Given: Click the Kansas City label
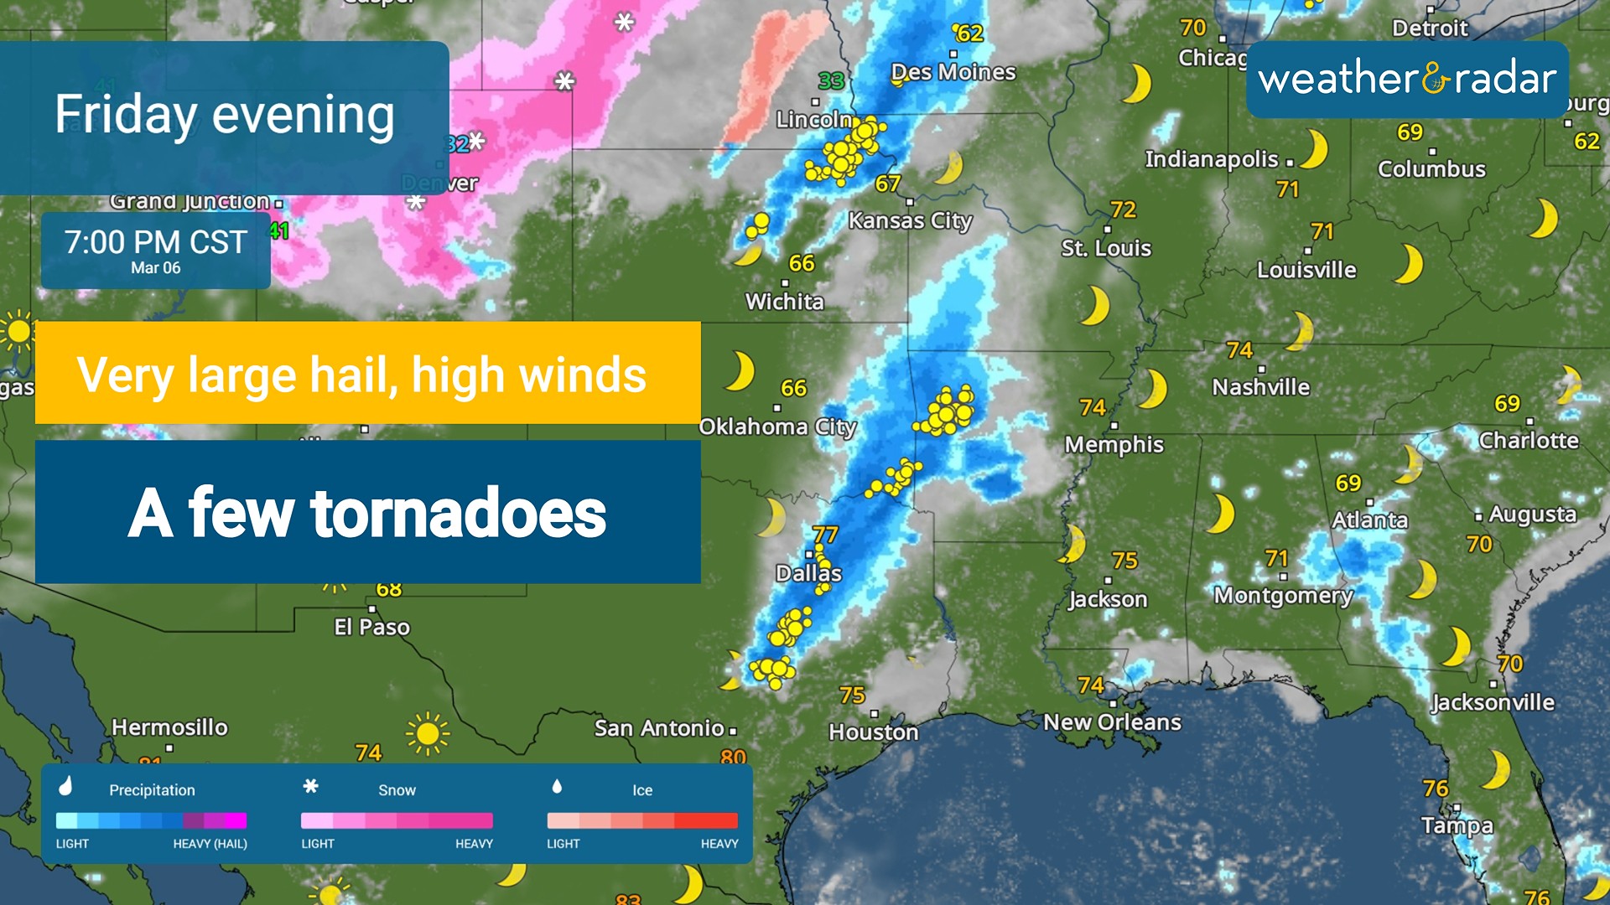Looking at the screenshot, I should (910, 220).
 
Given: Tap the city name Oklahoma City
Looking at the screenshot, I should (777, 427).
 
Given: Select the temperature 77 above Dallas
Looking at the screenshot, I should (825, 535).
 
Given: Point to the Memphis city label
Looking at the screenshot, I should (1114, 444).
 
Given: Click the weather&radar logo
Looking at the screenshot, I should (1407, 80).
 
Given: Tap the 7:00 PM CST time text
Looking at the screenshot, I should (156, 242).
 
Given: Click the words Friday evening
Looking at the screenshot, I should (225, 115).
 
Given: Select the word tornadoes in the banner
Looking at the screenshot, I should (458, 513).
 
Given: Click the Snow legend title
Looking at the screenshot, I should (397, 790).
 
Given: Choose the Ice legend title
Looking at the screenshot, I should (642, 790).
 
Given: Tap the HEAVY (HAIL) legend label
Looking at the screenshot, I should (210, 844).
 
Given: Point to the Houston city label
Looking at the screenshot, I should (873, 732).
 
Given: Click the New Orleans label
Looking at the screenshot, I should (1112, 721).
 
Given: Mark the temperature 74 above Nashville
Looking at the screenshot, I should (1239, 350).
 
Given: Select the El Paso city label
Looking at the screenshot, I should (371, 627).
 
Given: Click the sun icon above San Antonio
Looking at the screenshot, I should (428, 734).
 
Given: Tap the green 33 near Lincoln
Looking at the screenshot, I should (831, 81).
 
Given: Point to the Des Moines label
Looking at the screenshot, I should (953, 72).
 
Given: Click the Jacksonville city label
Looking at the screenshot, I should (1493, 702).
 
